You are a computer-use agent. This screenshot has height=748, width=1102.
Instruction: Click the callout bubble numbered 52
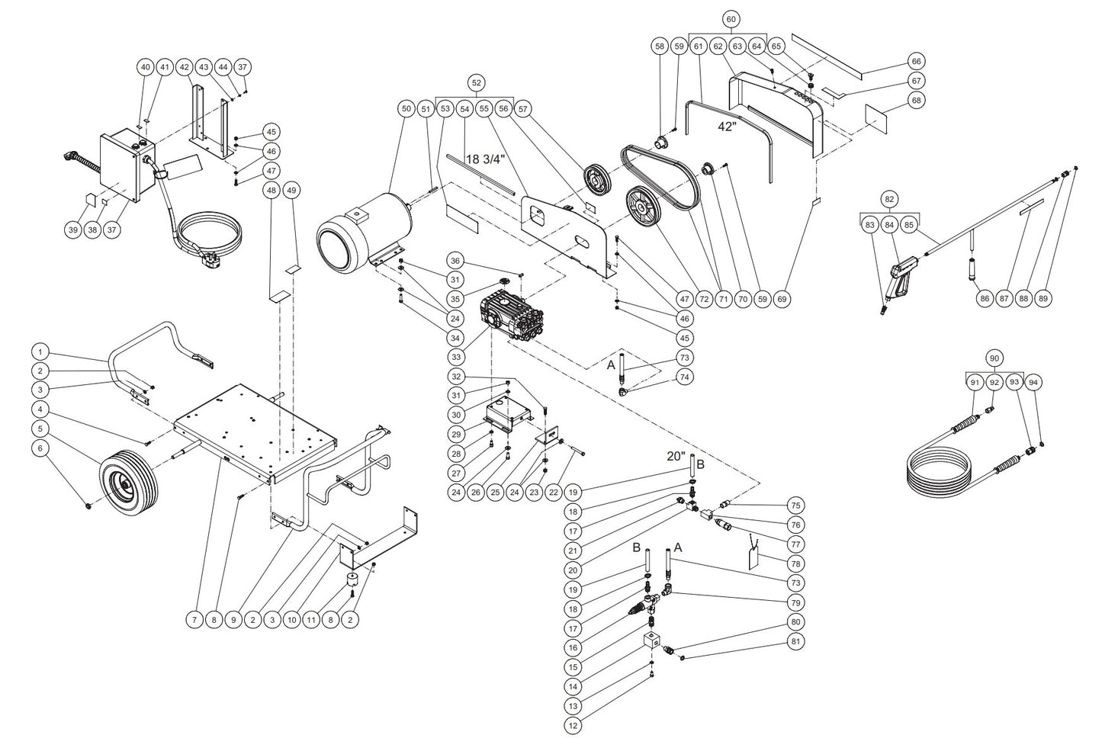[x=477, y=82]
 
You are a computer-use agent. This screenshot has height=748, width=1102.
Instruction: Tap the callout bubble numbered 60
[x=731, y=18]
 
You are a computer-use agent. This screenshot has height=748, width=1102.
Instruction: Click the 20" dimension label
[x=676, y=456]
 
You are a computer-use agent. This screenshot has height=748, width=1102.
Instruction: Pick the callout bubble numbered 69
[x=782, y=300]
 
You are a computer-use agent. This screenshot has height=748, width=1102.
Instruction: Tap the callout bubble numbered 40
[x=146, y=67]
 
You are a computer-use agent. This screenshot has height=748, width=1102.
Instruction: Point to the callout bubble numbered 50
[x=405, y=110]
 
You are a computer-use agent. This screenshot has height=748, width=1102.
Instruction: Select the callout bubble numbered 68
[x=917, y=101]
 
